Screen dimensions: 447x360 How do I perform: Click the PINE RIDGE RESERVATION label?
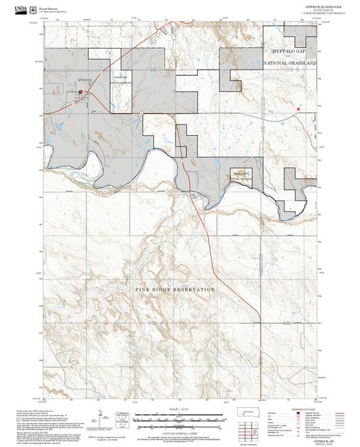(x=175, y=289)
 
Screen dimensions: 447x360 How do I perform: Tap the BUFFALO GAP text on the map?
(x=293, y=51)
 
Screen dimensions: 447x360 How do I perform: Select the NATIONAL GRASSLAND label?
(x=293, y=61)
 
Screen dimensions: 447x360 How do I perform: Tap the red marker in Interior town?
(x=80, y=93)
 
